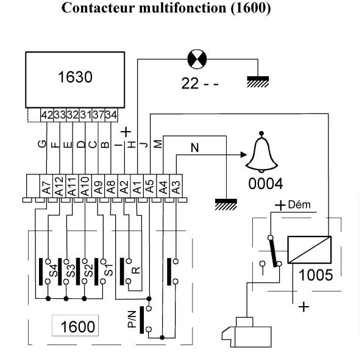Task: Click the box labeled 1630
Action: [75, 80]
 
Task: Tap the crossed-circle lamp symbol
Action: [197, 59]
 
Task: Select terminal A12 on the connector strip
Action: [59, 186]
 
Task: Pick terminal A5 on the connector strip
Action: [150, 186]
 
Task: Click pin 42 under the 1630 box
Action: [47, 115]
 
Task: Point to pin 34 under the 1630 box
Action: [112, 115]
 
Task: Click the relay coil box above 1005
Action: [310, 249]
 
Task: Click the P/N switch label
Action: [132, 319]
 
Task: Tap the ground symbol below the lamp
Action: [258, 82]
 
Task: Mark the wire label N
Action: [194, 148]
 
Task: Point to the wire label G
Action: [42, 144]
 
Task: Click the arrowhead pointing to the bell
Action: [244, 155]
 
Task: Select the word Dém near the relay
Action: [299, 205]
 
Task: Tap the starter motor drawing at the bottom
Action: [247, 332]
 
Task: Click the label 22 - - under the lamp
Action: [200, 84]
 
